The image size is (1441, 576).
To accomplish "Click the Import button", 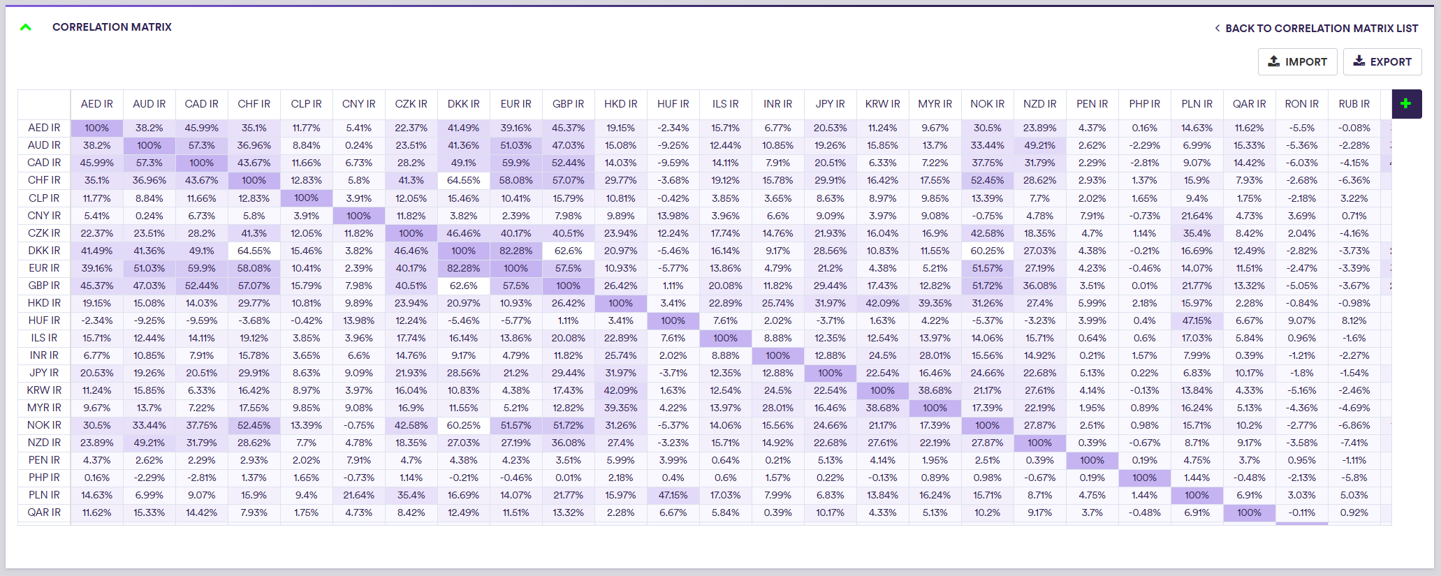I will [1297, 61].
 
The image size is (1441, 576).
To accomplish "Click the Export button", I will [1382, 61].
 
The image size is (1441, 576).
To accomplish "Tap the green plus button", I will [1406, 104].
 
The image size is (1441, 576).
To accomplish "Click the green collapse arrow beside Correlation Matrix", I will [26, 27].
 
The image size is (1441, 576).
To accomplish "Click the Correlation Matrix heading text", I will [112, 27].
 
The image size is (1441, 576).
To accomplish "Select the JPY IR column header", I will [830, 104].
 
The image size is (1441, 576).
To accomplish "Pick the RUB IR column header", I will [1354, 104].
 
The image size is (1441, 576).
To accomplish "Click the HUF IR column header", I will [673, 104].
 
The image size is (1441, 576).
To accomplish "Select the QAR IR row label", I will [44, 512].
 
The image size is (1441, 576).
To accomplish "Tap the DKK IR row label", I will [44, 251].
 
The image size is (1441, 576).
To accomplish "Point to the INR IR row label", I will [44, 355].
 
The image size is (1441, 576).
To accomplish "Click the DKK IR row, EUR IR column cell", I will [515, 251].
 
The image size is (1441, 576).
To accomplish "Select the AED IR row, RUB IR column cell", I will [1354, 128].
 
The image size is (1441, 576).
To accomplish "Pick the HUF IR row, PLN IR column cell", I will [1197, 320].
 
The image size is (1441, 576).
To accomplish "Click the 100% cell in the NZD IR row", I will [1039, 443].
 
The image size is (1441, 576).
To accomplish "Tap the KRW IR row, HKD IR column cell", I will [620, 390].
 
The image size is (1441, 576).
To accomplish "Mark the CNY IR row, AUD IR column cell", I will [149, 216].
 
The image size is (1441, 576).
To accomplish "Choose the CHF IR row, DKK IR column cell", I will [463, 180].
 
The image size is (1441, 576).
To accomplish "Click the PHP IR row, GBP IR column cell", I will [568, 478].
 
